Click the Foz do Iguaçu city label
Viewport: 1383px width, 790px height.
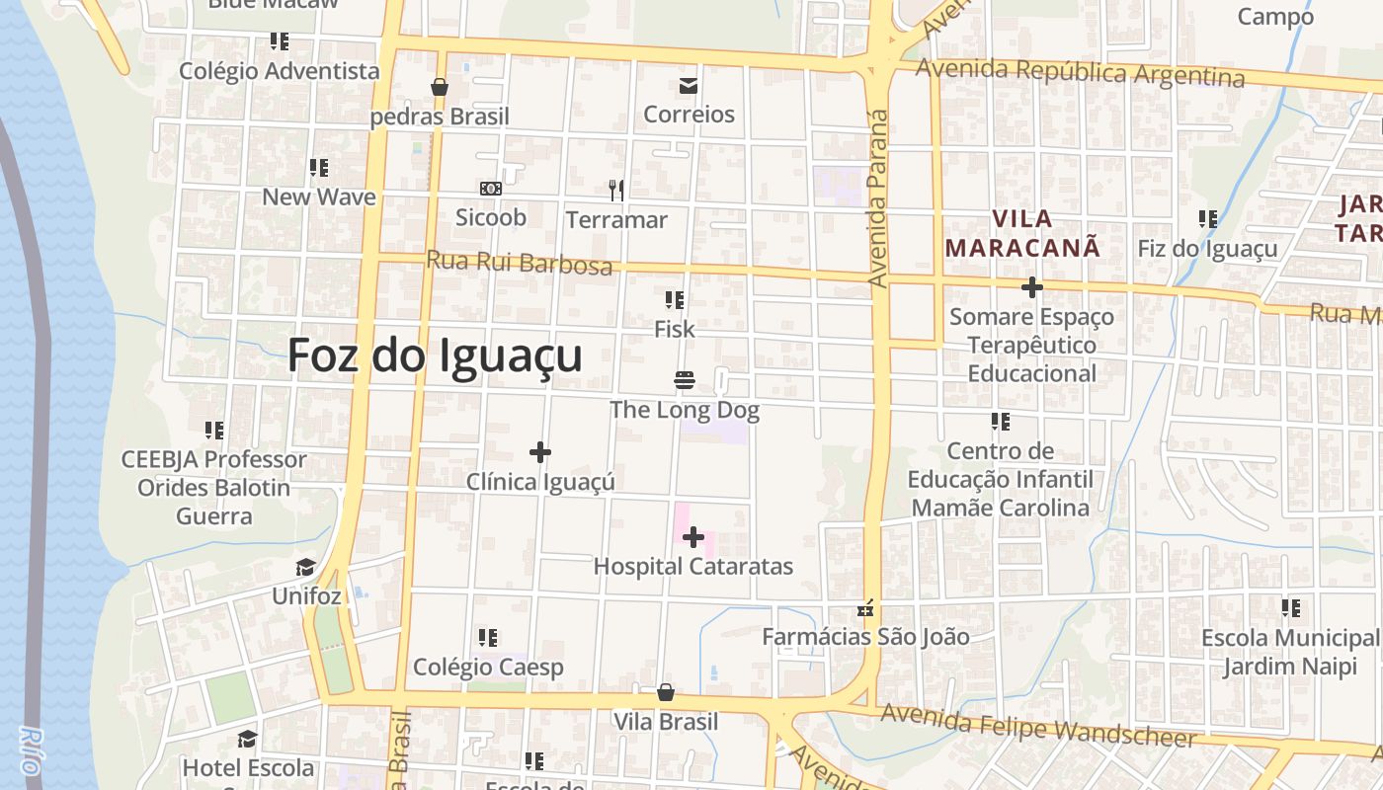(435, 355)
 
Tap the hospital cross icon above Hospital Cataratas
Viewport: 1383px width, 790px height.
(693, 537)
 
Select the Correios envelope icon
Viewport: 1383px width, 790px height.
(689, 86)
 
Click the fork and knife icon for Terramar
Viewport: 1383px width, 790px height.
(616, 190)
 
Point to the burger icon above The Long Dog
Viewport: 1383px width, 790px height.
(684, 380)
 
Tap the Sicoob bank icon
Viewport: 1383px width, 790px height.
(490, 189)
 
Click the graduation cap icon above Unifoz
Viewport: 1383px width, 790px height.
(306, 568)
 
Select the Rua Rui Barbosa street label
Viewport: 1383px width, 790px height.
(519, 263)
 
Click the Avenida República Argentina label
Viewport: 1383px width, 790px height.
(1080, 73)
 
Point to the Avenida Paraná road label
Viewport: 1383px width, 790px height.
(878, 197)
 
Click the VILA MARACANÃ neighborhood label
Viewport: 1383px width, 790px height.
(1022, 233)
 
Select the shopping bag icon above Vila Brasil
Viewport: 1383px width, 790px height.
(666, 692)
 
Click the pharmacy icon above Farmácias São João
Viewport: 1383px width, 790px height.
(866, 608)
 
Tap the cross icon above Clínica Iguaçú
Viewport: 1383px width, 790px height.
(539, 452)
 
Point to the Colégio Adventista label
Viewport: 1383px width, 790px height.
(280, 71)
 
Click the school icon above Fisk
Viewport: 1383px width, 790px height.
(675, 299)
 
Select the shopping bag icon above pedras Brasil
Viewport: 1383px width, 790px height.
(440, 87)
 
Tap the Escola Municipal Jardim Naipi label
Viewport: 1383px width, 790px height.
(1290, 652)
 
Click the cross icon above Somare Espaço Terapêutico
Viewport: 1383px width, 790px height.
(1031, 287)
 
